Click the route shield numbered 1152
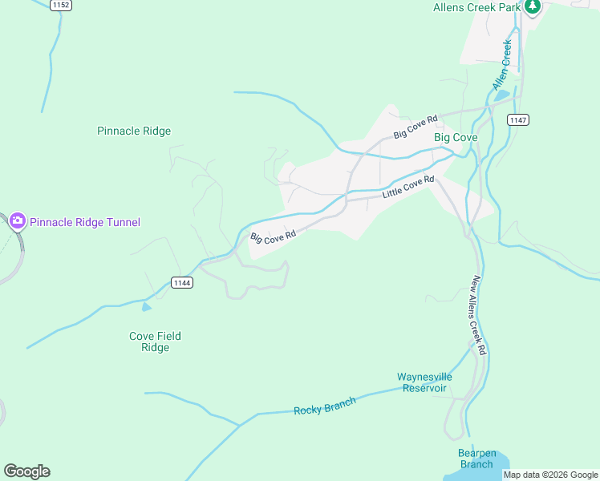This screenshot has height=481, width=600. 60,5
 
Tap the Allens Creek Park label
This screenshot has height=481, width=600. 476,7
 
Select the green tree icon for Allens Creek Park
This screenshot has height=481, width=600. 532,6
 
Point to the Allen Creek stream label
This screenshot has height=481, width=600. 501,66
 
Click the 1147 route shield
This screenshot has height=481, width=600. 518,119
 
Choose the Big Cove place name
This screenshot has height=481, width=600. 456,138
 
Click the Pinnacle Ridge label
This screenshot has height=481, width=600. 134,131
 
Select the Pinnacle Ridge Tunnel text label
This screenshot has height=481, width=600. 85,222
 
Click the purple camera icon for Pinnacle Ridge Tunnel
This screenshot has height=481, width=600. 17,221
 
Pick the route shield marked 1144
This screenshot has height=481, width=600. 181,282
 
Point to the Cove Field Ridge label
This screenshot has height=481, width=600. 156,342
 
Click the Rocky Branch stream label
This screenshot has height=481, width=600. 324,406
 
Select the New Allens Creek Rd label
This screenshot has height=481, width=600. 479,316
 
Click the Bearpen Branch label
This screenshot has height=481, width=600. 476,459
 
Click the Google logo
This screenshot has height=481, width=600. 26,471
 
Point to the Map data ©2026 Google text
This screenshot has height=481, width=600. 550,475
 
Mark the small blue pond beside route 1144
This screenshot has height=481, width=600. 146,307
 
